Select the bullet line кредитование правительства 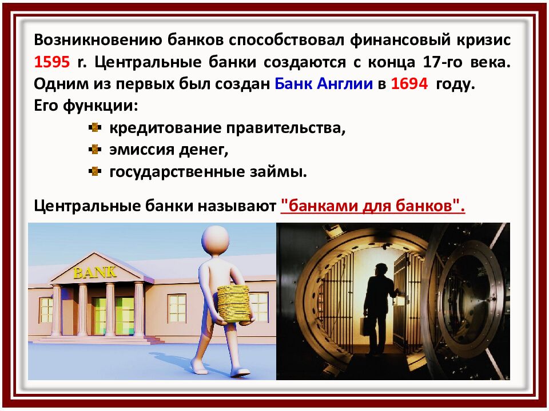tap(228, 128)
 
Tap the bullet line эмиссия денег tap(169, 150)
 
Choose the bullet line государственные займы tap(208, 171)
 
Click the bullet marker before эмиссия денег tap(96, 150)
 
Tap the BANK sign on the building tap(94, 272)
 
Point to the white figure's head tap(217, 240)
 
